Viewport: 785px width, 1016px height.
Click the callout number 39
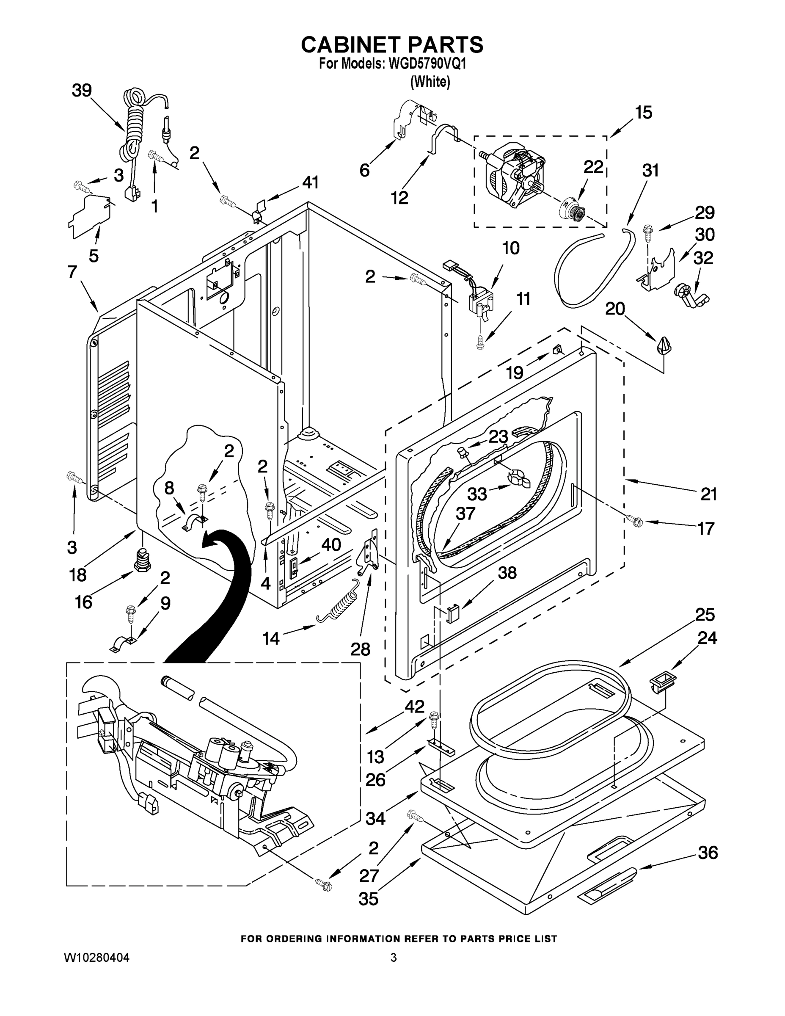pos(81,90)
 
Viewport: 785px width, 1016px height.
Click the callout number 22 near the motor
pos(593,167)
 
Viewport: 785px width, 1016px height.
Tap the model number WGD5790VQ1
pos(427,64)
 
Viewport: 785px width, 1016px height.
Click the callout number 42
pos(414,707)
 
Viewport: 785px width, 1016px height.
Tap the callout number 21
pos(708,494)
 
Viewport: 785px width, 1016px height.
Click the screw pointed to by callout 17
pos(635,521)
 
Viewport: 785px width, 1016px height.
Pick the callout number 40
pos(331,544)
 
